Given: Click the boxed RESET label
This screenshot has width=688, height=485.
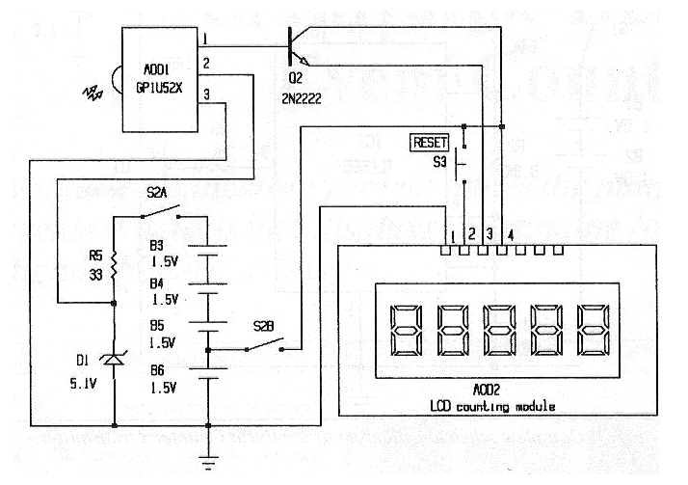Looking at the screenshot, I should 429,142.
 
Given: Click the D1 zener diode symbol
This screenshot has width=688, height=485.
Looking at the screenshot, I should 115,360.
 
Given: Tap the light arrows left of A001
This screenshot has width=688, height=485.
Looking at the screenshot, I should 94,93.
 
